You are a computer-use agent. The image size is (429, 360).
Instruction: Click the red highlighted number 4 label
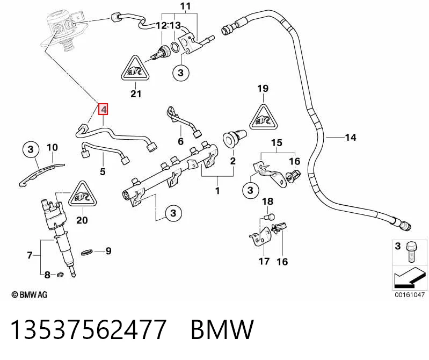pyautogui.click(x=104, y=109)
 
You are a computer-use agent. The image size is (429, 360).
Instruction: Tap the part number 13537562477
pyautogui.click(x=89, y=329)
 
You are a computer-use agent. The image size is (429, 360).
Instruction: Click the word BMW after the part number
pyautogui.click(x=222, y=329)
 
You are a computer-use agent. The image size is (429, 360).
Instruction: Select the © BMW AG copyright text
pyautogui.click(x=30, y=294)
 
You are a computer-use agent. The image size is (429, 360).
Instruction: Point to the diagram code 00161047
pyautogui.click(x=409, y=294)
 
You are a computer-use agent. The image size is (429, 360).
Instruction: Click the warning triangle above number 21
pyautogui.click(x=135, y=68)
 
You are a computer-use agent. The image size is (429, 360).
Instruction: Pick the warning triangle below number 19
pyautogui.click(x=264, y=117)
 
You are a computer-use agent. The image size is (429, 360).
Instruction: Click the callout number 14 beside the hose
pyautogui.click(x=351, y=137)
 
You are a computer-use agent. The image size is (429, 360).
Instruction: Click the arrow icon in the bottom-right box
pyautogui.click(x=409, y=277)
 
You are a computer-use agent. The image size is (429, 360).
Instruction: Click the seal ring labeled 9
pyautogui.click(x=87, y=252)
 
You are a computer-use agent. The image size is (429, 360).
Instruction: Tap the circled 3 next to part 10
pyautogui.click(x=31, y=149)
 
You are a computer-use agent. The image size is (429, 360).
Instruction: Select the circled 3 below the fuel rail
pyautogui.click(x=173, y=213)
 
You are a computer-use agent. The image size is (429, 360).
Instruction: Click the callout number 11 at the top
pyautogui.click(x=185, y=6)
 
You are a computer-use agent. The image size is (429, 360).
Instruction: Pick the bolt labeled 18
pyautogui.click(x=270, y=217)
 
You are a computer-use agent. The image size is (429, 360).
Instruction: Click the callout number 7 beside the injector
pyautogui.click(x=30, y=255)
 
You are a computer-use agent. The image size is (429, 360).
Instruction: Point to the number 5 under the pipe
pyautogui.click(x=103, y=172)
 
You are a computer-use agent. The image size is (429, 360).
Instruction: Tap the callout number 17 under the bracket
pyautogui.click(x=264, y=262)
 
